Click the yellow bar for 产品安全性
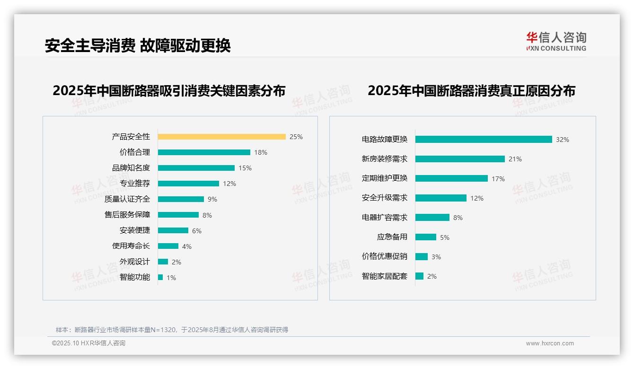point(221,137)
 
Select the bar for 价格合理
point(204,152)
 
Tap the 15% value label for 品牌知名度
point(245,168)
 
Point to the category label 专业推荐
point(135,184)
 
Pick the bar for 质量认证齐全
point(181,199)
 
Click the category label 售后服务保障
point(127,215)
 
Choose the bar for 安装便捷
point(173,230)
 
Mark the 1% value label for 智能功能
point(171,278)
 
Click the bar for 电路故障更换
point(484,140)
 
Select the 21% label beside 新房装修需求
point(515,159)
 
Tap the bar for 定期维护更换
point(451,178)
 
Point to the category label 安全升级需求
point(384,198)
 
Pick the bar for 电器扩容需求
point(432,218)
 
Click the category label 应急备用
point(392,237)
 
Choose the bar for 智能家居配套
point(419,276)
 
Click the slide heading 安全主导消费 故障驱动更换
point(138,46)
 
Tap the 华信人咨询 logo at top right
point(556,41)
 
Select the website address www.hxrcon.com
point(550,343)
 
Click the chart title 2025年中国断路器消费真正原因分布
point(471,91)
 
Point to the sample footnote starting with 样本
point(172,330)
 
